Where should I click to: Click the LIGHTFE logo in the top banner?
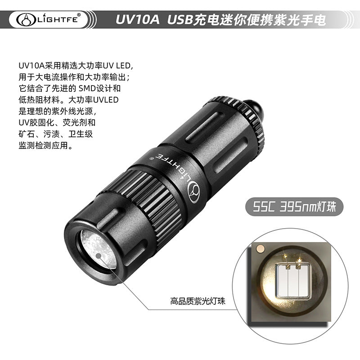(49, 19)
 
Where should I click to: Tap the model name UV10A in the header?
(137, 19)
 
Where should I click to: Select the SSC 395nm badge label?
(294, 207)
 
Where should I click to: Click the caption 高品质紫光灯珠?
(198, 301)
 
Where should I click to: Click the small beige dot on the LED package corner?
(260, 249)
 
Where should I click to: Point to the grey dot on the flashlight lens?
(99, 256)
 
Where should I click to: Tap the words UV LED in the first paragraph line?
(117, 66)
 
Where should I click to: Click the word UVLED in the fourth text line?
(106, 100)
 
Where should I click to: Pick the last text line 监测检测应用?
(43, 145)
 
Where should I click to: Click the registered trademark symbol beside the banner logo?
(79, 15)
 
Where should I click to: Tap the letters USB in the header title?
(180, 19)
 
